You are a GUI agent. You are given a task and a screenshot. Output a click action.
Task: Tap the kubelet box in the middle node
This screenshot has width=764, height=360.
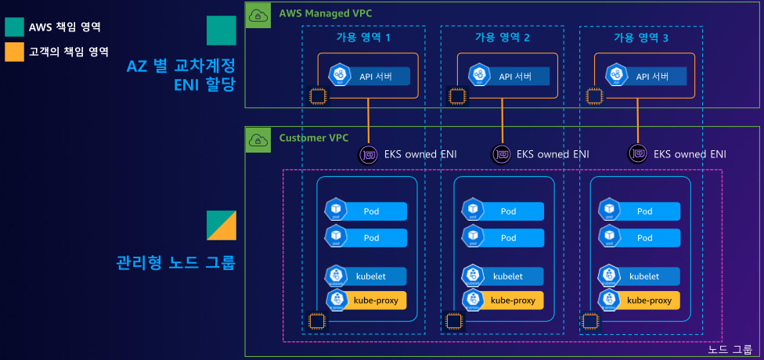tap(503, 276)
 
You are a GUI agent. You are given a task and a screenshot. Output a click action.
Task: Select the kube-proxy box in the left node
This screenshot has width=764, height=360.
tap(366, 300)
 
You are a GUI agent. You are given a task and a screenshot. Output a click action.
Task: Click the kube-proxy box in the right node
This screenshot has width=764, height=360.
tap(640, 300)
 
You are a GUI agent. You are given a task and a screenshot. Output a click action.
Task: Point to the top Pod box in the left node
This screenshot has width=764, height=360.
tap(366, 211)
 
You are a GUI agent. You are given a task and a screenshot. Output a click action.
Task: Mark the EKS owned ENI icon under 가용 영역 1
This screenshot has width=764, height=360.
tap(368, 154)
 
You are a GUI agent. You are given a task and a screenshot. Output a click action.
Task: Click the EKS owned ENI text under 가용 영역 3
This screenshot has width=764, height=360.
tap(690, 154)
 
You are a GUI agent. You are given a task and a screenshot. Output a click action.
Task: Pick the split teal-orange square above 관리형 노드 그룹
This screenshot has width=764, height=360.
tap(221, 225)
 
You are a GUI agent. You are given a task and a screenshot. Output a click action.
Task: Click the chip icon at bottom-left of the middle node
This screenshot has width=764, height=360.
tap(453, 321)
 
